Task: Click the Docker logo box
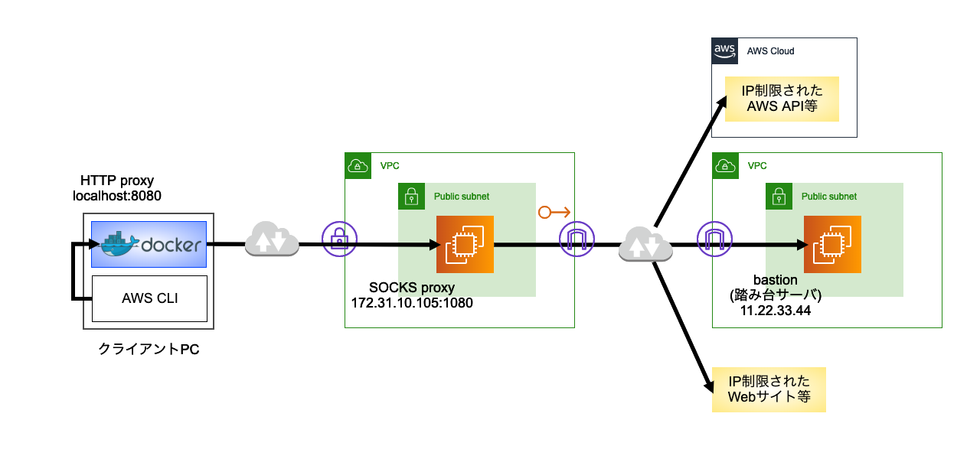pos(149,244)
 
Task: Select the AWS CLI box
pos(149,298)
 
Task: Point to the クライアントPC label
pos(149,349)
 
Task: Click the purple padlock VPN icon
pos(338,238)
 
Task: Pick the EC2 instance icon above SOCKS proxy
pos(465,244)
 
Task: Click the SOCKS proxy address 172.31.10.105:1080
pos(411,302)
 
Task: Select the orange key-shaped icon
pos(554,212)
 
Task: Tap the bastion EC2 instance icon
pos(832,244)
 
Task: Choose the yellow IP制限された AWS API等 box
pos(782,99)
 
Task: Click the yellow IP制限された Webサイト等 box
pos(769,389)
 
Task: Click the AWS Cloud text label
pos(771,51)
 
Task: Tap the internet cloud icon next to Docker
pos(271,239)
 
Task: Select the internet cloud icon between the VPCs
pos(645,243)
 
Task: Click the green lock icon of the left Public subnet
pos(411,197)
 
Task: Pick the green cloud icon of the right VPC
pos(726,166)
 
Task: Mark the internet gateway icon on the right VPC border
pos(711,238)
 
